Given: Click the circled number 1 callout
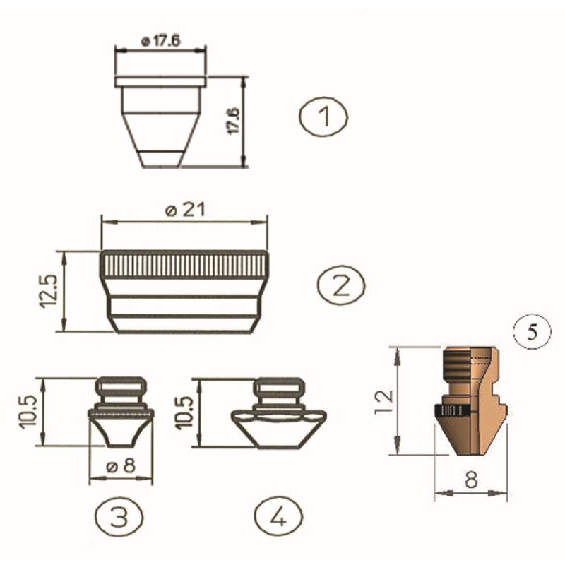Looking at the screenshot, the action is pos(323,117).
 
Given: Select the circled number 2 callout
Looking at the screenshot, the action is pos(341,284).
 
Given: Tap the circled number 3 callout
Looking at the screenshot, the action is pos(119,516).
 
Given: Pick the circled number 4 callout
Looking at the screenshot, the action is pos(278,516).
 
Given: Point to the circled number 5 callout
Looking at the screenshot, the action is pos(533,332).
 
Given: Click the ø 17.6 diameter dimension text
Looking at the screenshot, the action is pos(161,41).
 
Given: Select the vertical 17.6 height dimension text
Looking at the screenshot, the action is pos(234,121).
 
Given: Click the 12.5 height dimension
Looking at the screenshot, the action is pos(48,291).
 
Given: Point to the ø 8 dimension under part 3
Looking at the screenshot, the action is pos(121,466).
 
